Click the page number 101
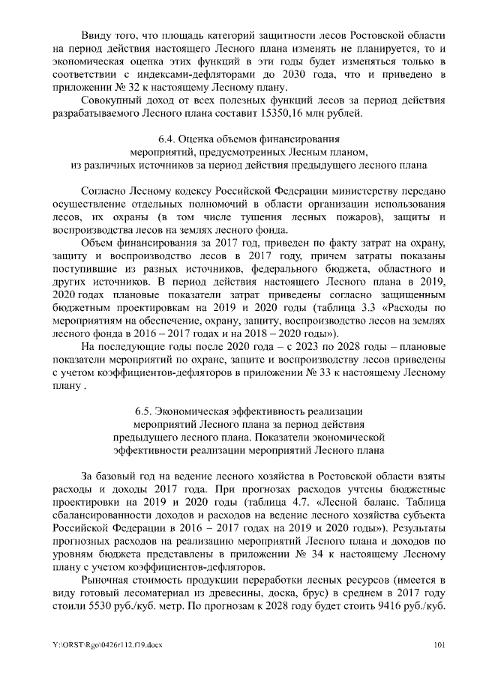tap(440, 644)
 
